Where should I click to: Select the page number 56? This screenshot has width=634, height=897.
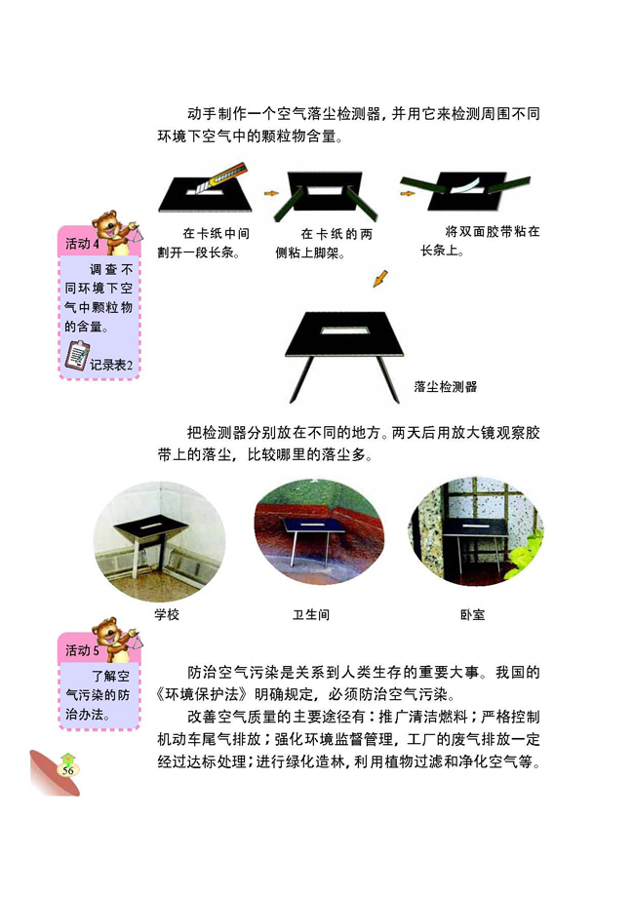tap(68, 769)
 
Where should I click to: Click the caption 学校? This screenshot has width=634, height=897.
tap(167, 615)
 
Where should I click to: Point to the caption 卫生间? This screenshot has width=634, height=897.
tap(311, 615)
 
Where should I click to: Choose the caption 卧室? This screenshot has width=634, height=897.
tap(472, 615)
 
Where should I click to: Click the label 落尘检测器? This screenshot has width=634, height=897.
tap(445, 386)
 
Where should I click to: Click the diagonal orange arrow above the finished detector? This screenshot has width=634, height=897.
tap(380, 279)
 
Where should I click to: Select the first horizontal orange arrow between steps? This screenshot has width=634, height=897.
tap(271, 193)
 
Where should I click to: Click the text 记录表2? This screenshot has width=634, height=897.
tap(110, 365)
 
